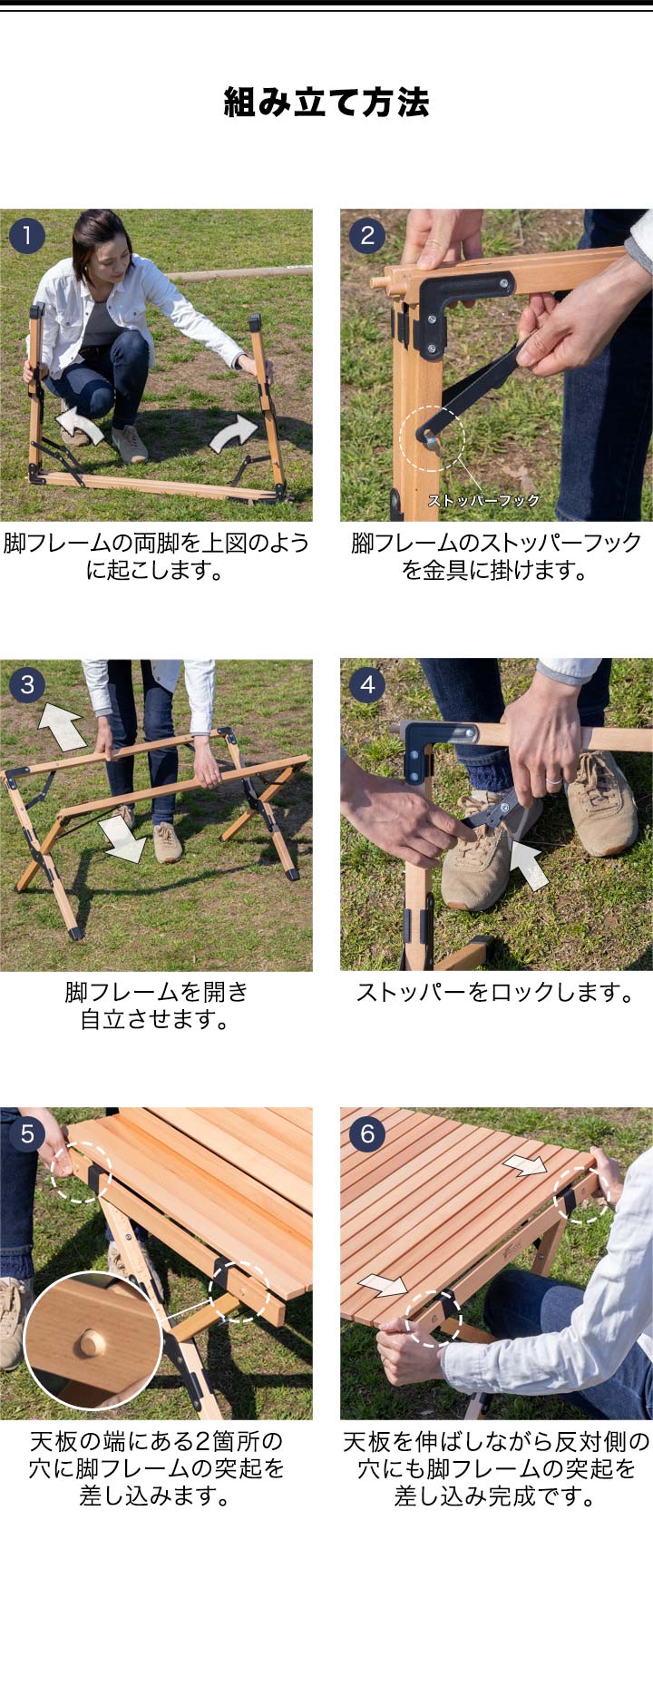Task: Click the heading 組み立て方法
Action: tap(326, 103)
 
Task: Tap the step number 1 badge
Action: tap(27, 236)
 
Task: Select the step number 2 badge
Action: tap(367, 236)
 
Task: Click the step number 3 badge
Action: tap(27, 684)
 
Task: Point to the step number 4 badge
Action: tap(367, 684)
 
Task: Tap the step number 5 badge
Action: tap(27, 1133)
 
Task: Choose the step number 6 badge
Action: tap(367, 1133)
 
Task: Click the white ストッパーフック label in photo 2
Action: tap(483, 500)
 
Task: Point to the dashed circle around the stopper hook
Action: tap(433, 437)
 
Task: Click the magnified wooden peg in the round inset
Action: tap(89, 1341)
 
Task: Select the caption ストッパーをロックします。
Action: tap(495, 992)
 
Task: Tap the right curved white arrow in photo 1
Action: tap(236, 432)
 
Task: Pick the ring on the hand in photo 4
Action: tap(550, 779)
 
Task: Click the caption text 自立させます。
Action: tap(155, 1019)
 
